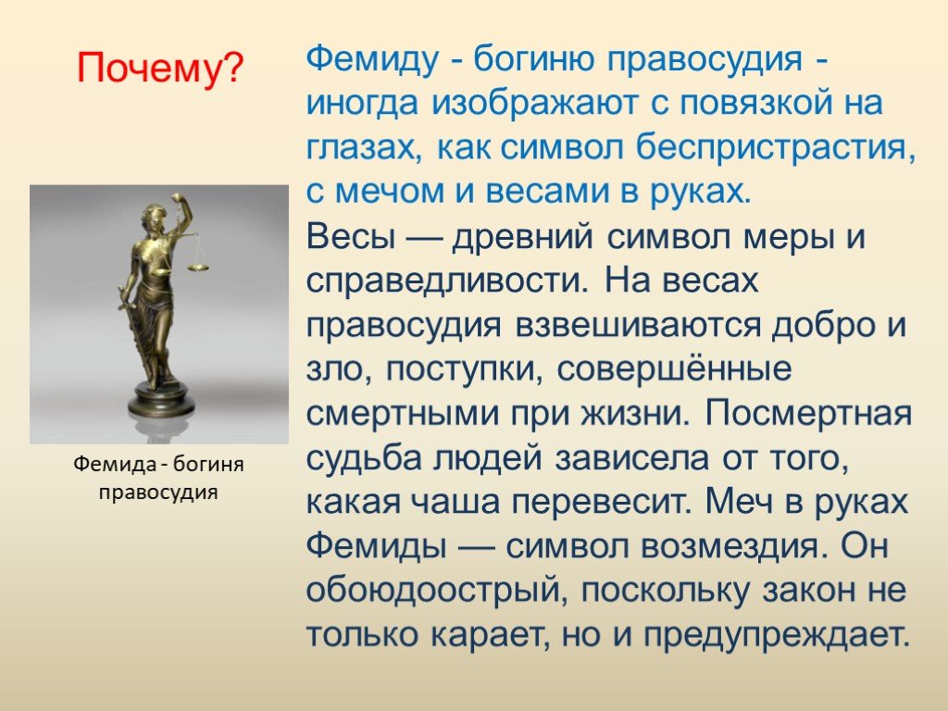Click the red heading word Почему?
click(x=159, y=68)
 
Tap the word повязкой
click(x=747, y=104)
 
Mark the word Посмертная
click(x=807, y=415)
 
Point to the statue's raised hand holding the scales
click(x=177, y=199)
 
